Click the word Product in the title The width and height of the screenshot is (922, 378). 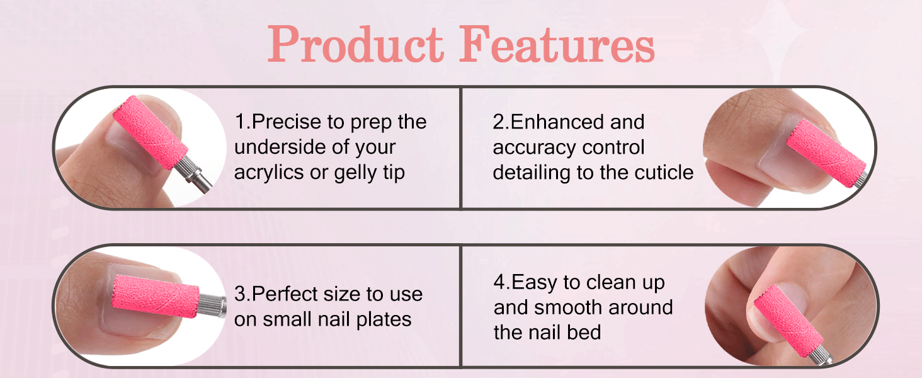pos(357,45)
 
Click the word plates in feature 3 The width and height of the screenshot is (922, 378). pos(382,319)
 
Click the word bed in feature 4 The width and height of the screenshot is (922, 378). pos(586,332)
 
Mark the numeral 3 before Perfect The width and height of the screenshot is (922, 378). pos(240,294)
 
